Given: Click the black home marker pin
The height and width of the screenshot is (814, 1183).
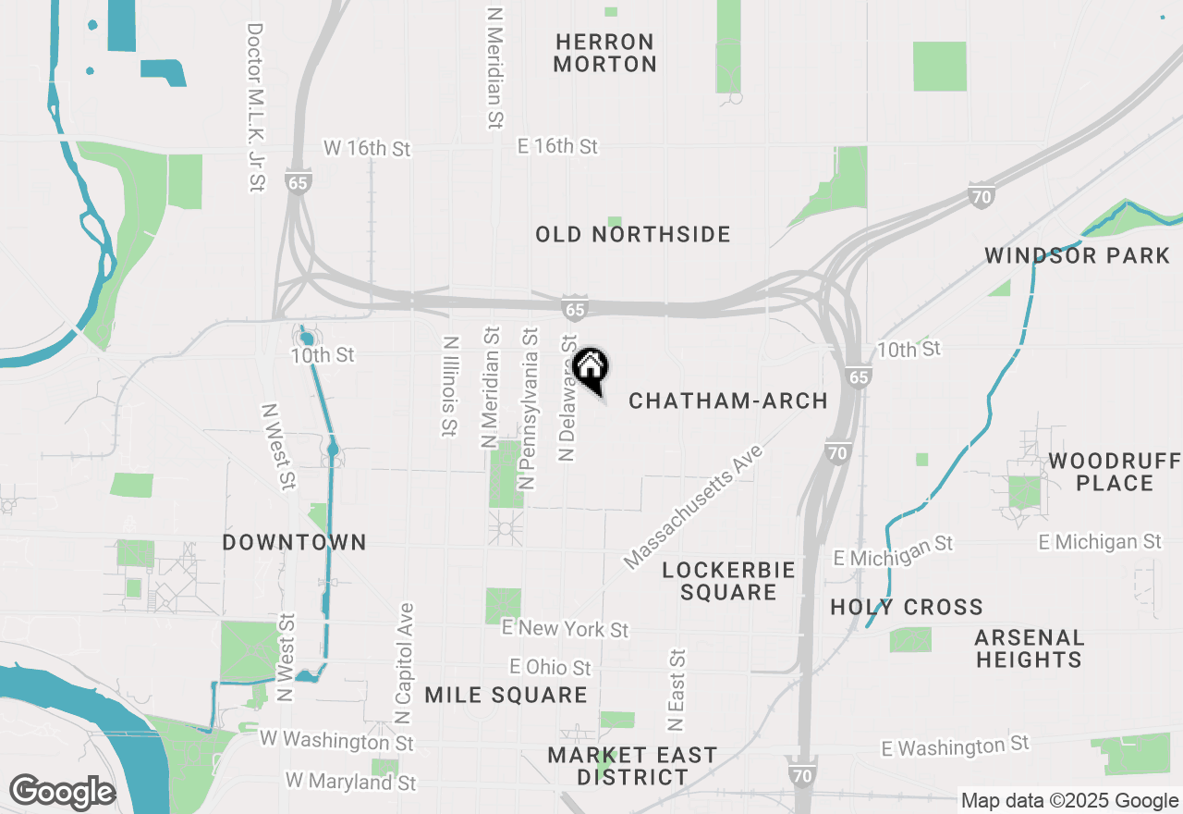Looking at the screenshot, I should click(591, 367).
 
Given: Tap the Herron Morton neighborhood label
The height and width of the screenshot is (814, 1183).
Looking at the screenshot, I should click(606, 53).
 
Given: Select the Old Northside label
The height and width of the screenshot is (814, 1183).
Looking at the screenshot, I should click(633, 235).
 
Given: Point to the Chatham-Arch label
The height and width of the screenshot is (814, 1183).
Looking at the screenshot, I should click(728, 401).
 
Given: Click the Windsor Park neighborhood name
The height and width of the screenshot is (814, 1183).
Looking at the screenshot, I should click(1078, 255).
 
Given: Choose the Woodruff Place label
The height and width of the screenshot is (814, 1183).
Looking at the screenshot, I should click(1114, 472).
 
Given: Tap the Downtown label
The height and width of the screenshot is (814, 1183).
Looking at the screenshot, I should click(294, 542).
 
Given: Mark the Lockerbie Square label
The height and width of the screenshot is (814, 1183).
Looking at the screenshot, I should click(728, 581).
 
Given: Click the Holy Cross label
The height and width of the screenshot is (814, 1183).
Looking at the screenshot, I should click(907, 607).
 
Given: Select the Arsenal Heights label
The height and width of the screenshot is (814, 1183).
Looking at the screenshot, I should click(1029, 648).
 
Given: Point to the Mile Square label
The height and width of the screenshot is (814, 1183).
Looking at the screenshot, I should click(506, 695).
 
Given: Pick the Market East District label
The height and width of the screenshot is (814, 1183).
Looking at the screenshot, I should click(632, 766).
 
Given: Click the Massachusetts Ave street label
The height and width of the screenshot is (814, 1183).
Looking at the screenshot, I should click(694, 506).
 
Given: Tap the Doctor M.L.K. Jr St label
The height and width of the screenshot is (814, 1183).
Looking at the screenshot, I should click(256, 107).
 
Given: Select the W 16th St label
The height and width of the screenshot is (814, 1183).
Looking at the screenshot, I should click(366, 148).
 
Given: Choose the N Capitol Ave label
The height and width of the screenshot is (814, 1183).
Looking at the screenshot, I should click(404, 664).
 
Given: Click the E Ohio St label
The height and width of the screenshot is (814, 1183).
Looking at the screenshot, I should click(550, 667).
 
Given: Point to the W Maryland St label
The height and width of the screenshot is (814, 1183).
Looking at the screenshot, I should click(351, 782).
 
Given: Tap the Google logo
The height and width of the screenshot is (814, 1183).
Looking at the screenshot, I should click(62, 792).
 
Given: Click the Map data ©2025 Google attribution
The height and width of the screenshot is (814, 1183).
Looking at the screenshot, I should click(1069, 801).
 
